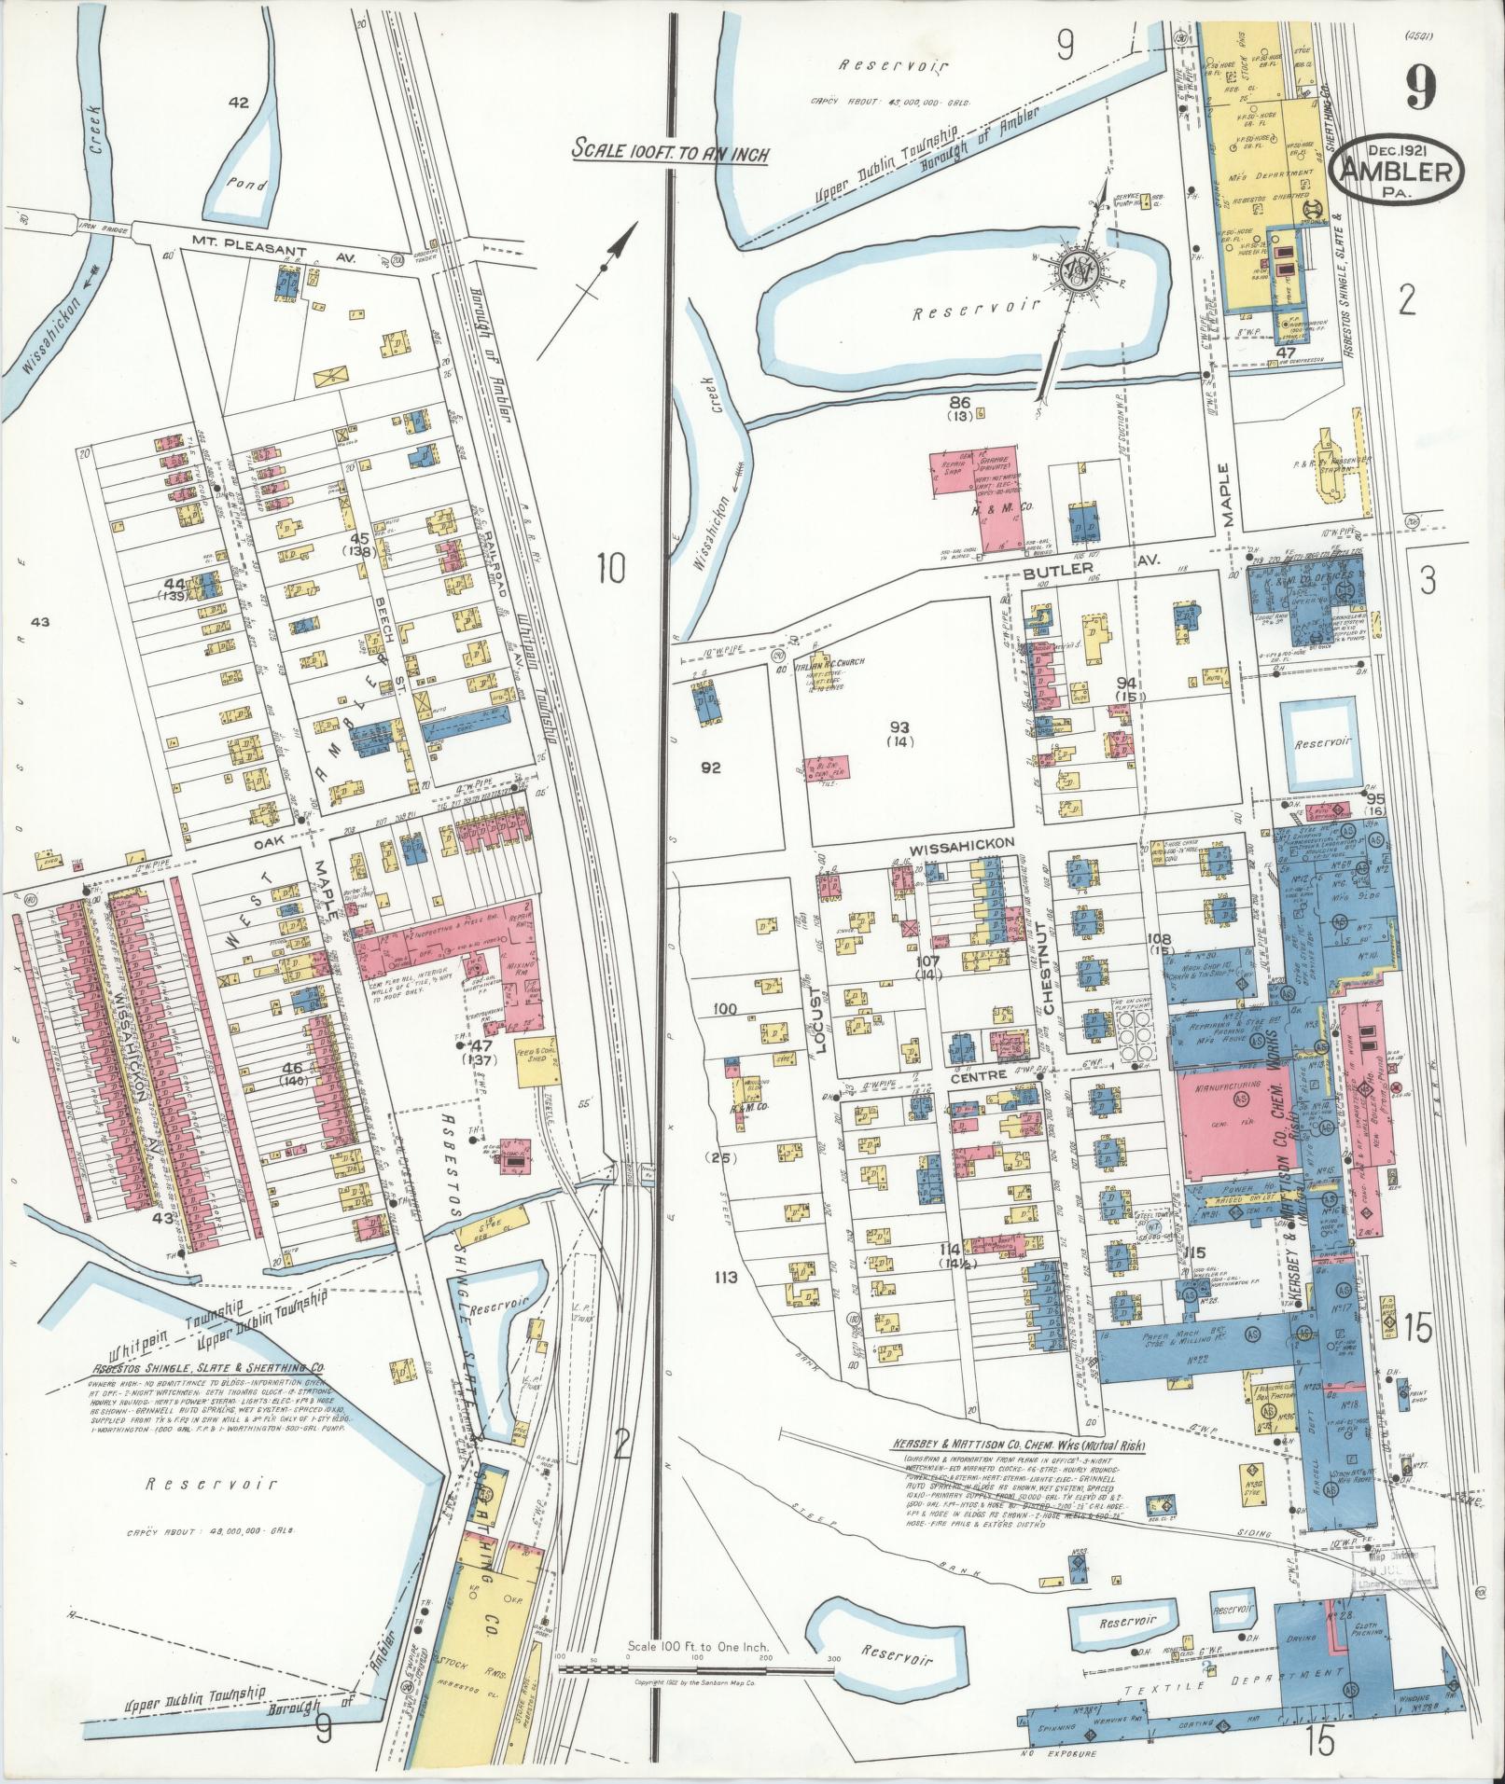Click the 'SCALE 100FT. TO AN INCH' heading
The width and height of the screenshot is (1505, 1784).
tap(671, 152)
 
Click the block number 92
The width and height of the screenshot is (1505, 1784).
tap(712, 768)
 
